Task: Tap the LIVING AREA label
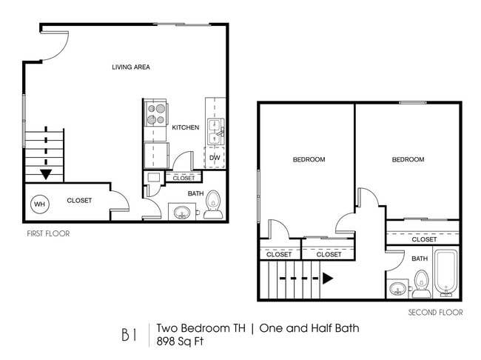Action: tap(131, 67)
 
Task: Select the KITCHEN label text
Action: tap(185, 127)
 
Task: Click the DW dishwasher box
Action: tap(215, 158)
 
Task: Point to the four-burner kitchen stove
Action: tap(156, 114)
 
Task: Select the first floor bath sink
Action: tap(181, 213)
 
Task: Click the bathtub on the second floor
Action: tap(446, 273)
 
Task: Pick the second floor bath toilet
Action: tap(421, 282)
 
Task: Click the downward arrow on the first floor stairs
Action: tap(46, 174)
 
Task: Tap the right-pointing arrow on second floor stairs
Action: tap(328, 279)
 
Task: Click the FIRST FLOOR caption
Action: tap(48, 233)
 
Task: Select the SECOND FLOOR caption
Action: tap(435, 313)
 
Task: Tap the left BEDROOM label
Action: tap(309, 159)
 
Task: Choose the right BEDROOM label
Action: tap(408, 159)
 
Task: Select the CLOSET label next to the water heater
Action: tap(79, 201)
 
